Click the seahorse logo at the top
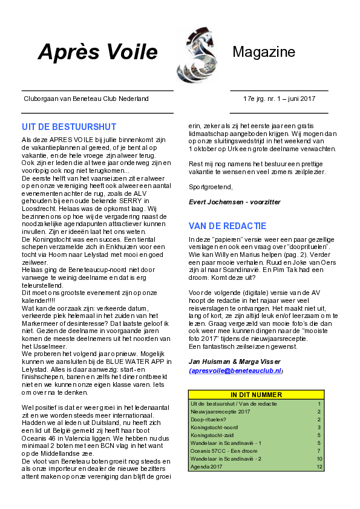pos(197,54)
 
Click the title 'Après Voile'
pos(98,51)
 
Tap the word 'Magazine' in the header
pos(264,51)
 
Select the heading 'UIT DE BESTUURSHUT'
pos(69,126)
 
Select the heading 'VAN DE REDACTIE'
pos(227,226)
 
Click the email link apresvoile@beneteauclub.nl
pos(236,371)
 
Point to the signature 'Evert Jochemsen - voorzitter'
pos(235,202)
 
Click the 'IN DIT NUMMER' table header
pos(257,395)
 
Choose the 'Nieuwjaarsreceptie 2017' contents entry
pos(220,412)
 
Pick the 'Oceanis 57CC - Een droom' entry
pos(224,451)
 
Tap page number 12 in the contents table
pos(319,467)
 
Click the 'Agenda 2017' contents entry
pos(206,467)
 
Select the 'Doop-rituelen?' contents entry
pos(208,420)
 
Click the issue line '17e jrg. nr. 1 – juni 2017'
pos(279,99)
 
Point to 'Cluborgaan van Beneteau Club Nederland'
pos(86,99)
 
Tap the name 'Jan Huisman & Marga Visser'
pos(235,361)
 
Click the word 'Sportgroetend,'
pos(211,187)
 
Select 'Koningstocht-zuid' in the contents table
pos(212,435)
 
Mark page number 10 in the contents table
pos(319,459)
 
